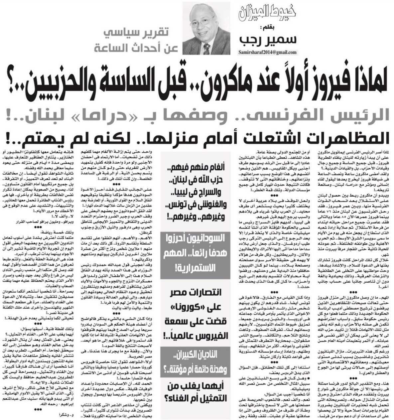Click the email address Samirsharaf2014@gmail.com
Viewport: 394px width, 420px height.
click(267, 53)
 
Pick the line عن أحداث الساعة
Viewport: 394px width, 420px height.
click(136, 48)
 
